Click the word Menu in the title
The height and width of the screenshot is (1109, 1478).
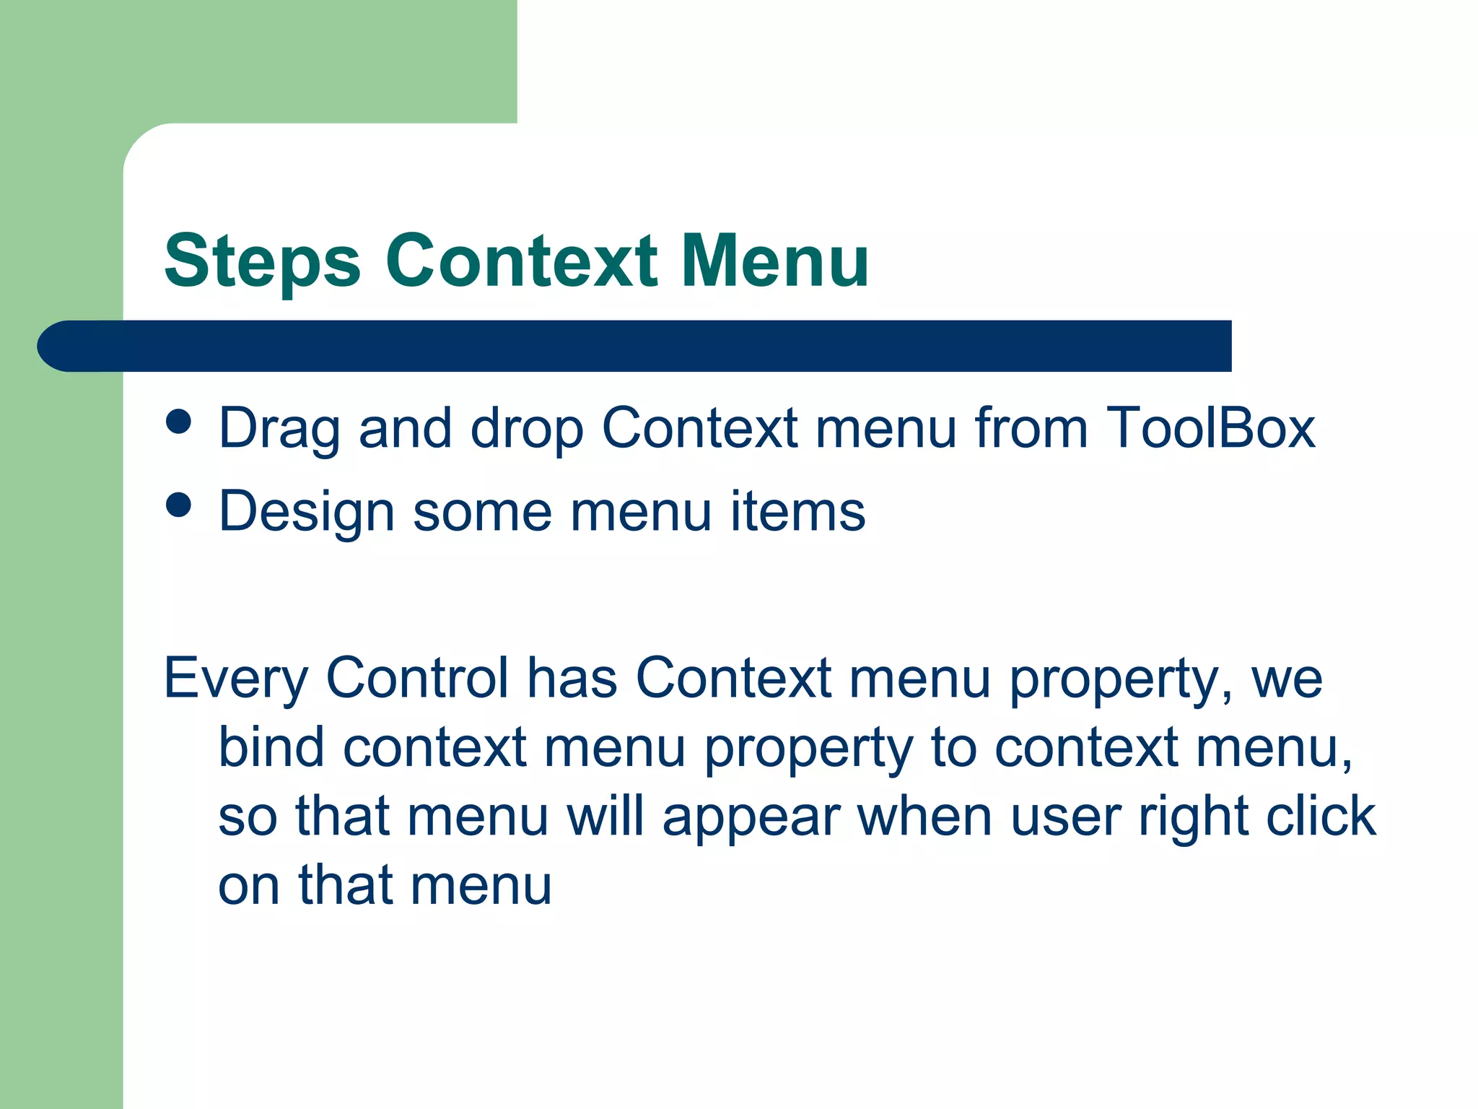coord(775,261)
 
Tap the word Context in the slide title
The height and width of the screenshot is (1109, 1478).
coord(521,261)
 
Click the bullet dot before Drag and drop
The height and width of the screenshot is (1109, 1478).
coord(178,422)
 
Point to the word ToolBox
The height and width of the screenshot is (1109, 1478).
coord(1210,428)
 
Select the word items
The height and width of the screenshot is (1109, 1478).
coord(797,511)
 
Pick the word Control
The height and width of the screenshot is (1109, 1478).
coord(417,678)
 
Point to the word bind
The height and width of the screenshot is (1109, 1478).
coord(271,747)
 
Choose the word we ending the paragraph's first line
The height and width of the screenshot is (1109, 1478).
coord(1287,679)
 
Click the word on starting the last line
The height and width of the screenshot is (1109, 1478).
coord(248,886)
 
